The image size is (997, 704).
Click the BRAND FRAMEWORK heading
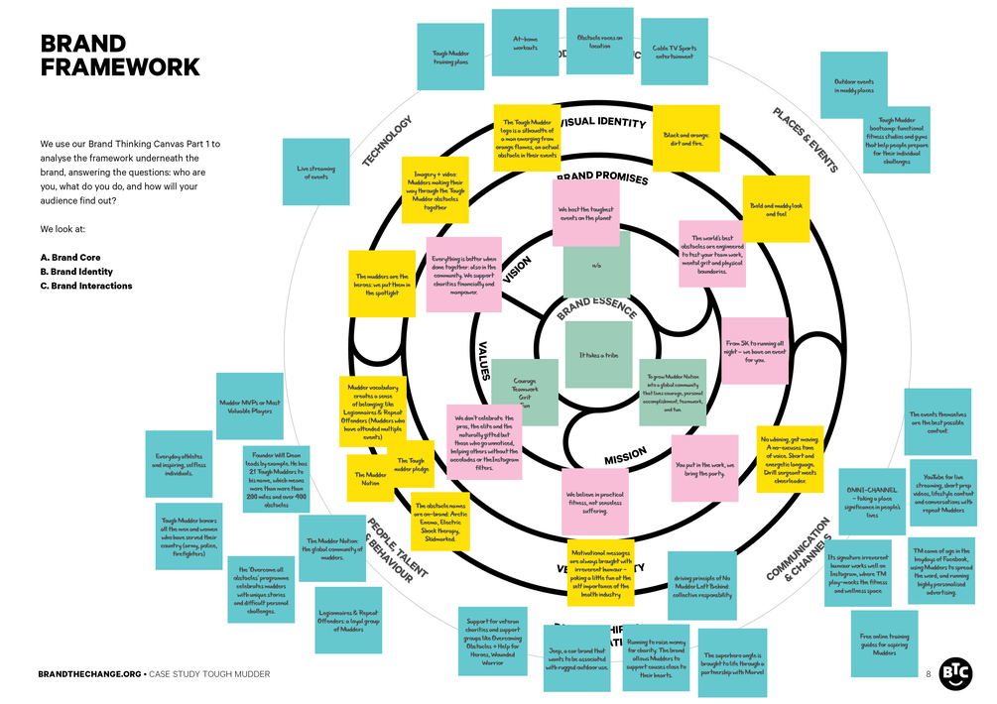coord(119,56)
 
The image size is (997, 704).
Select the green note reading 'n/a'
coord(596,265)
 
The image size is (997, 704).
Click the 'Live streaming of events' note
coord(315,171)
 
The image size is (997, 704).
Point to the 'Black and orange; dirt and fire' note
coord(684,139)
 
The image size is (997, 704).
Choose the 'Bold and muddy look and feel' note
coord(776,209)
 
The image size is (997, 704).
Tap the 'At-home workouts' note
coord(525,43)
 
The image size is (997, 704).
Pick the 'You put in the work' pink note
coord(704,467)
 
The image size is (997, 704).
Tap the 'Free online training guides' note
coord(884,644)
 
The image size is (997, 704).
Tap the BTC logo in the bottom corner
coord(955,671)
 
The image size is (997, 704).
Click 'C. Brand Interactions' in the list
coord(86,287)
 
